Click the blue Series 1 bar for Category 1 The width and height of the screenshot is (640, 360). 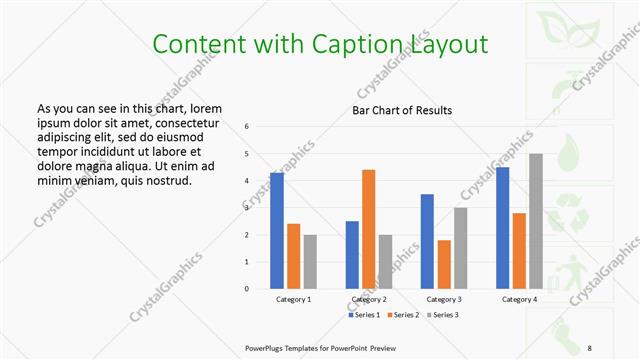pyautogui.click(x=277, y=231)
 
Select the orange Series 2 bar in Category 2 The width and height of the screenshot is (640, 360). pyautogui.click(x=368, y=229)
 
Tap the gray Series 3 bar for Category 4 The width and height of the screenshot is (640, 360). pyautogui.click(x=536, y=221)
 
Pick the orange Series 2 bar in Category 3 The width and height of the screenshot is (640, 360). pyautogui.click(x=444, y=264)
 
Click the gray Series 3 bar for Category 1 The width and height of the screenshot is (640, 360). pyautogui.click(x=310, y=262)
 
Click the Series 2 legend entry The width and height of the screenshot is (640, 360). pyautogui.click(x=404, y=315)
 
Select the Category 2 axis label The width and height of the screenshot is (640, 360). pyautogui.click(x=369, y=300)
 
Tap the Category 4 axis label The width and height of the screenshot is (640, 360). pyautogui.click(x=519, y=300)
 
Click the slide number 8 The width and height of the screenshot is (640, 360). pyautogui.click(x=590, y=347)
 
